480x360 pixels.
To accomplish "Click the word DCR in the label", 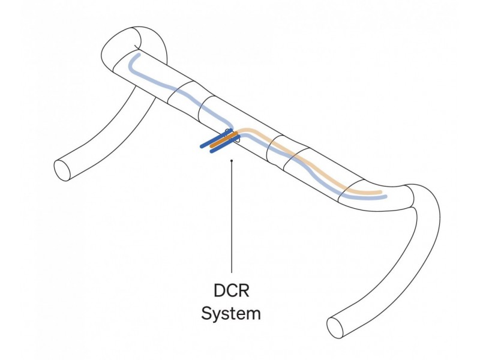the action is pos(232,290).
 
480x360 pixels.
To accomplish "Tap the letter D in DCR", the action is pos(219,290).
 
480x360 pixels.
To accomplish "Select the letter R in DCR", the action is pos(244,290).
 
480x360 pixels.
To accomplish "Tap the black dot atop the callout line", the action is pos(232,160).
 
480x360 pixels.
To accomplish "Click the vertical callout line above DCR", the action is pos(232,217).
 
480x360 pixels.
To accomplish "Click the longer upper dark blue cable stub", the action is pos(216,139).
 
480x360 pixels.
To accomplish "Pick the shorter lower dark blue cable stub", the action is pos(226,144).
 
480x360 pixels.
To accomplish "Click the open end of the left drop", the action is pos(62,170).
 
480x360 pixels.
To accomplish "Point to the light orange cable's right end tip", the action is pos(380,192).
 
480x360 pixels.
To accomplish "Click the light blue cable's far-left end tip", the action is pos(139,55).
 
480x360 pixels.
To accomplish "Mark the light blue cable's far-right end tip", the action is pos(385,196).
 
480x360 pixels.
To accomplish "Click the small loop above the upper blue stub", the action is pos(228,131).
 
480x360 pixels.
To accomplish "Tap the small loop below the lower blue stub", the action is pos(238,141).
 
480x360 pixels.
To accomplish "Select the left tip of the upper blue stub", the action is pos(202,146).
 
